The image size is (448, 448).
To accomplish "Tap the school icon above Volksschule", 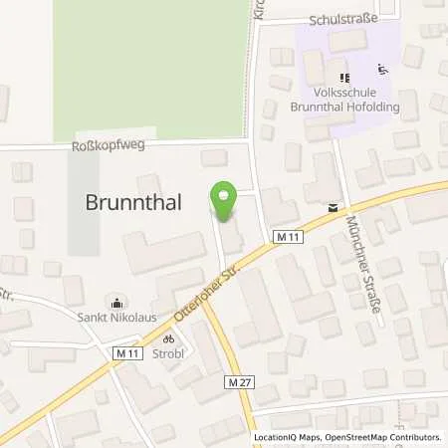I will [344, 77].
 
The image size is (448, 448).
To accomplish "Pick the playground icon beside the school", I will [379, 71].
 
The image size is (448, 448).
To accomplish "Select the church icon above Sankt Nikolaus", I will [120, 303].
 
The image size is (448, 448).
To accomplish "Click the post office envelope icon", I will [332, 208].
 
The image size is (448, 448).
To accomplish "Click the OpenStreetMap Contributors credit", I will [384, 437].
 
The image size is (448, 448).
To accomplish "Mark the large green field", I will [149, 65].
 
